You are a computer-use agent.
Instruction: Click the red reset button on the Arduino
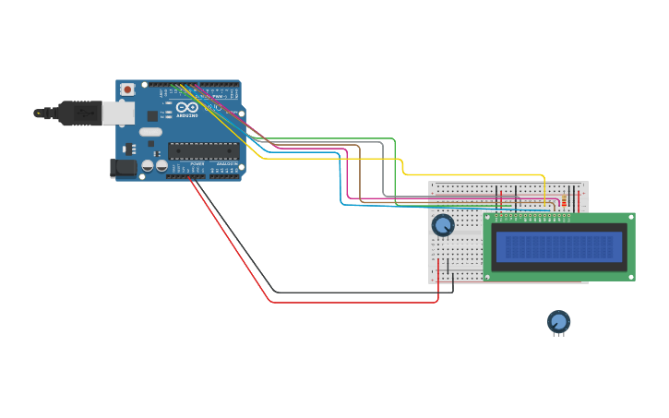(126, 90)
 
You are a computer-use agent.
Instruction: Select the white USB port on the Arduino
(117, 113)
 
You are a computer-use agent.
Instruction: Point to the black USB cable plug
(79, 113)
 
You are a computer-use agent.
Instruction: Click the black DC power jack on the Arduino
(124, 168)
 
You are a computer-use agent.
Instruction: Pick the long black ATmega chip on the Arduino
(203, 150)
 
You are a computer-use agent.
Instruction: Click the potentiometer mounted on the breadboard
(443, 225)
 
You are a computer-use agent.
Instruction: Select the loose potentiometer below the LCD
(558, 321)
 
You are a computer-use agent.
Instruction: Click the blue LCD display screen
(559, 247)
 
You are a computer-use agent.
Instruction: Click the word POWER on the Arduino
(197, 164)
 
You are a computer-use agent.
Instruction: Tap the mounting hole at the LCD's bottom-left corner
(489, 275)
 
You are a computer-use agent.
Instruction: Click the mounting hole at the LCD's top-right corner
(629, 219)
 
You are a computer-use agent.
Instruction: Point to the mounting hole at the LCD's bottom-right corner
(629, 275)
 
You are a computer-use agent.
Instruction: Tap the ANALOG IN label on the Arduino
(225, 164)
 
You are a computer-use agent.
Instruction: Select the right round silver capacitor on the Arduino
(161, 166)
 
